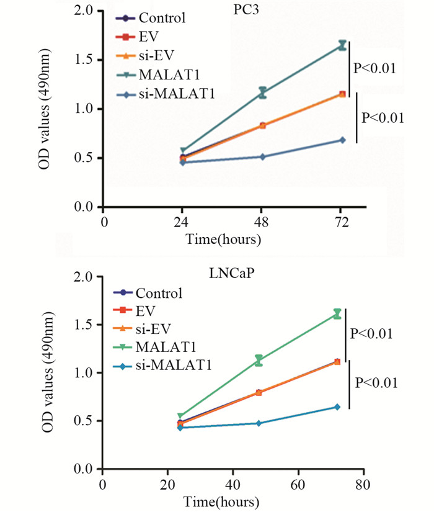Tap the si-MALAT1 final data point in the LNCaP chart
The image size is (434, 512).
tap(337, 407)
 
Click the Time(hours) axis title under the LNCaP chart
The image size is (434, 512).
tap(230, 500)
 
